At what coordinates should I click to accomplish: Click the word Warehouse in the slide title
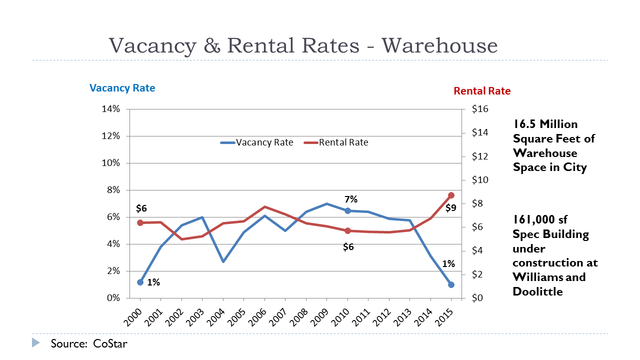(439, 45)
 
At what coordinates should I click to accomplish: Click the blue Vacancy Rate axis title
(122, 88)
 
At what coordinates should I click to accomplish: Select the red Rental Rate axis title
(482, 91)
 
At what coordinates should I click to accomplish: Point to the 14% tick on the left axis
(110, 109)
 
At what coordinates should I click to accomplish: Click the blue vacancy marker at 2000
(140, 282)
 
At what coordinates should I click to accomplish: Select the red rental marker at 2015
(451, 195)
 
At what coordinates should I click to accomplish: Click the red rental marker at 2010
(347, 231)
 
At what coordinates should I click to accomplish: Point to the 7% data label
(350, 199)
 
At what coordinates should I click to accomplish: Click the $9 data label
(451, 207)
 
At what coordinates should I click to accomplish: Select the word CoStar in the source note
(110, 344)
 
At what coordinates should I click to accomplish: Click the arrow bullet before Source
(35, 343)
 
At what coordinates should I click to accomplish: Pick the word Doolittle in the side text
(537, 291)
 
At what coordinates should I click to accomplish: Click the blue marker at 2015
(451, 284)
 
